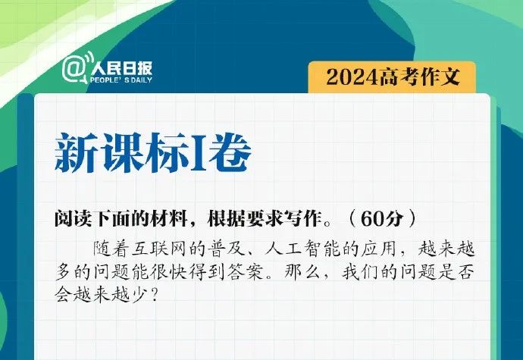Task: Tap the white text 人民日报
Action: tap(121, 68)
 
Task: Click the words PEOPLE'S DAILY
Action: tap(121, 80)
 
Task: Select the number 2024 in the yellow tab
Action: tap(352, 77)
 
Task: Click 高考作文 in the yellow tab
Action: tap(419, 77)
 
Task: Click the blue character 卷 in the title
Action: tap(230, 152)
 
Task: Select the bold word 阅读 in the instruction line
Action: tap(74, 218)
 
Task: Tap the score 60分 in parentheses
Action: tap(382, 218)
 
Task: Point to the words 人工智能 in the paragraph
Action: tap(302, 249)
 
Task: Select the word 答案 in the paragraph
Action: tap(246, 273)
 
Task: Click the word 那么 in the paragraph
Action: tap(302, 273)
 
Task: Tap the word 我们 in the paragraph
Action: tap(360, 273)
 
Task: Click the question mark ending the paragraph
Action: tap(154, 295)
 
